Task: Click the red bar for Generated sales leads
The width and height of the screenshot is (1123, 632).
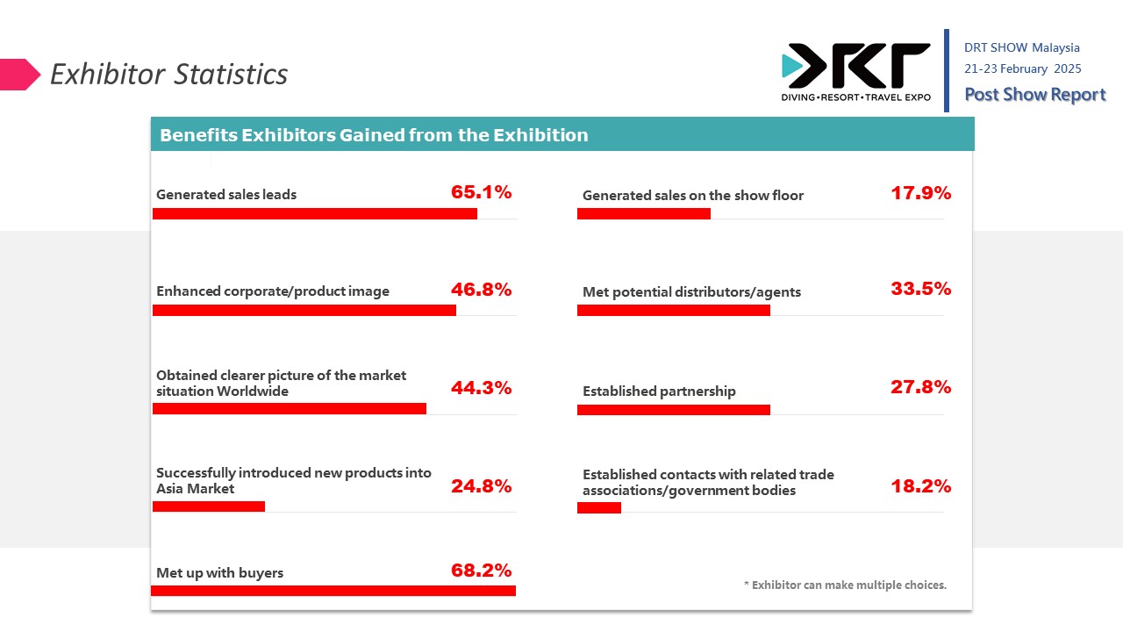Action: [315, 213]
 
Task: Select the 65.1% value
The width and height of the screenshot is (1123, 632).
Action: [481, 192]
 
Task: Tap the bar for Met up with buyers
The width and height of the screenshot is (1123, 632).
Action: [333, 591]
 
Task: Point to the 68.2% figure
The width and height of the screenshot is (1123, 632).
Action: [481, 571]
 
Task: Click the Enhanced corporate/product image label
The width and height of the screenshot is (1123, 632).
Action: [273, 291]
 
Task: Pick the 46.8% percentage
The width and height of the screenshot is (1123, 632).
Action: [481, 290]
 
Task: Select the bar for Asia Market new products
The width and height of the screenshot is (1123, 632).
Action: [209, 506]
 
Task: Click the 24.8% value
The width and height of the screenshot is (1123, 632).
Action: [481, 486]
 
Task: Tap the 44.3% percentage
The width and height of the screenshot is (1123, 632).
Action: [481, 388]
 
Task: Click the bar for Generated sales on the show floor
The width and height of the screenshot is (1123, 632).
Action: [643, 213]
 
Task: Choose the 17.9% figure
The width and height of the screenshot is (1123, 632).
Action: [920, 193]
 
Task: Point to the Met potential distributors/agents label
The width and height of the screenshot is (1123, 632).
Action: [691, 292]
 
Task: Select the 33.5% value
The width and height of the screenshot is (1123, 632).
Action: [920, 289]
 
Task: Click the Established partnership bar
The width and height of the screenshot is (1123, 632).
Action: [673, 410]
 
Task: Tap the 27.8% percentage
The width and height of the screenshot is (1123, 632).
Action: [920, 387]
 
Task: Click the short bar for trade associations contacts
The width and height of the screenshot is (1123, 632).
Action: [599, 507]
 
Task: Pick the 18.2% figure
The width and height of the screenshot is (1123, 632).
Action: [920, 486]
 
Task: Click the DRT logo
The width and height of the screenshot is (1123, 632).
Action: [855, 71]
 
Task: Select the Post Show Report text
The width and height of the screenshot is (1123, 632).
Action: [1034, 95]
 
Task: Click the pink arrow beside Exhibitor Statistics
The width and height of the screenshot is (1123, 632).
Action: [20, 75]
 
